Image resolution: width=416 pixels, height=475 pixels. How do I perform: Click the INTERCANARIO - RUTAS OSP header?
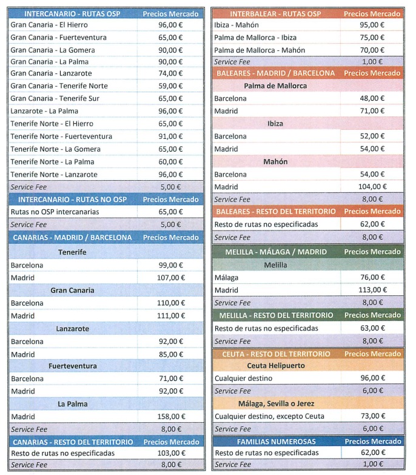tap(72, 14)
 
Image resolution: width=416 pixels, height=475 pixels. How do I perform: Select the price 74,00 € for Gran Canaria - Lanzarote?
tap(170, 73)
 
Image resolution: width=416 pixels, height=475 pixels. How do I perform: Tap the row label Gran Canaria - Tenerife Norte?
tap(59, 86)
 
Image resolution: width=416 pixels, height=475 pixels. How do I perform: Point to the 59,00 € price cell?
tap(170, 86)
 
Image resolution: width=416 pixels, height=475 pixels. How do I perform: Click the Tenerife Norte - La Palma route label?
tap(52, 162)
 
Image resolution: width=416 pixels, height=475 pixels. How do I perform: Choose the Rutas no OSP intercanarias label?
tap(55, 212)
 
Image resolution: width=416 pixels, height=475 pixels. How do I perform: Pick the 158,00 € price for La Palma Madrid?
tap(171, 417)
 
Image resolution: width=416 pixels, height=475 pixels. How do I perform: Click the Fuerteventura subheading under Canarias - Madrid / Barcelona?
tap(73, 366)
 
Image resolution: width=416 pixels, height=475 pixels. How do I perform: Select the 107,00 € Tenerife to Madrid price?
tap(171, 277)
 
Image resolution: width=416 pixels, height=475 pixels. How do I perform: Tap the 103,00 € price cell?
tap(172, 453)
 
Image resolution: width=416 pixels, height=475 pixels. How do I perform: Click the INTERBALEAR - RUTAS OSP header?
tap(275, 14)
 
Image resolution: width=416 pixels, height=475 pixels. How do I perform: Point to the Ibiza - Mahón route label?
tap(237, 25)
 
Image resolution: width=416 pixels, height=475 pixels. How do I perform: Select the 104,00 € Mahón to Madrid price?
tap(372, 187)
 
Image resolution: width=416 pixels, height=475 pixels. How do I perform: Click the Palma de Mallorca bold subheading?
tap(275, 86)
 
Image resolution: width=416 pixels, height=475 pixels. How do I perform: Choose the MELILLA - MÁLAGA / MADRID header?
tap(276, 252)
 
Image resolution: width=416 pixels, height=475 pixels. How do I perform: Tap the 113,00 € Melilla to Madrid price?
tap(373, 290)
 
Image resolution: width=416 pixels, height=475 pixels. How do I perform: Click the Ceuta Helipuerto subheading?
tap(276, 366)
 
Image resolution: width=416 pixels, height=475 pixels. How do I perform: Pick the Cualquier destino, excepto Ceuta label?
tap(269, 416)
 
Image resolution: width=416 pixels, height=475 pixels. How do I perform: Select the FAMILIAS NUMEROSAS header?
tap(276, 442)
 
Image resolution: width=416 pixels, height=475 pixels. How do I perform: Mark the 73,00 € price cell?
tap(373, 416)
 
